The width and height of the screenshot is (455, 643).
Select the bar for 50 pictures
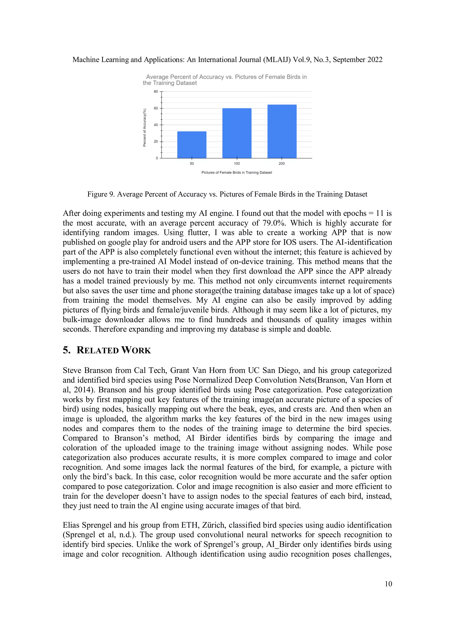pos(192,145)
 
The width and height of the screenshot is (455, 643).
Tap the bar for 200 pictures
pos(282,131)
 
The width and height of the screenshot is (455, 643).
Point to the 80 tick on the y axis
pos(156,91)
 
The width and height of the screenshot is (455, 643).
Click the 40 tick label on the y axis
pos(156,125)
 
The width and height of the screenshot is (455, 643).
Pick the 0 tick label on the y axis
pos(157,158)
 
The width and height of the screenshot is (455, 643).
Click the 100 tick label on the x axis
pos(237,164)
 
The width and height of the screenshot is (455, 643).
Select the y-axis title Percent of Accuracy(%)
pos(145,127)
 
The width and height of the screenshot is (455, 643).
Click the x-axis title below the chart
pos(237,173)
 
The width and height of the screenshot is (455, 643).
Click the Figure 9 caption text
pos(227,194)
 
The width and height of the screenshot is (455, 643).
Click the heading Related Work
pos(114,350)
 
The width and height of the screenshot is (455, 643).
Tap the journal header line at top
pos(227,60)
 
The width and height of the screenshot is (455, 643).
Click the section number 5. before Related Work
pos(67,350)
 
